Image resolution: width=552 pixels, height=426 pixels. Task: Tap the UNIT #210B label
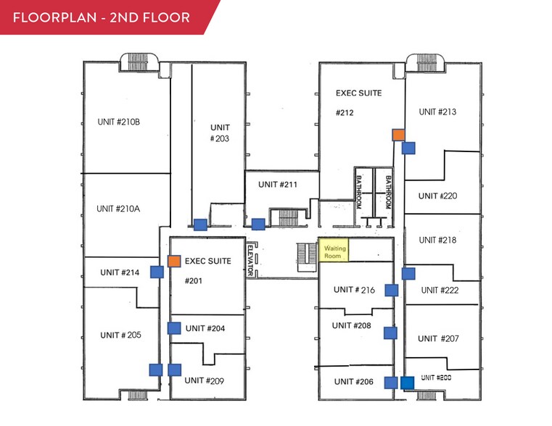pyautogui.click(x=118, y=122)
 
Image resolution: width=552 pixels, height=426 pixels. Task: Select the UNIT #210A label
pyautogui.click(x=118, y=209)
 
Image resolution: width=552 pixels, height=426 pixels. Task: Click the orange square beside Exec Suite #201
pyautogui.click(x=174, y=261)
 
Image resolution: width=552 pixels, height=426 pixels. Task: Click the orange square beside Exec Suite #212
pyautogui.click(x=398, y=135)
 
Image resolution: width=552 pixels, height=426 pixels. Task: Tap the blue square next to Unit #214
pyautogui.click(x=157, y=272)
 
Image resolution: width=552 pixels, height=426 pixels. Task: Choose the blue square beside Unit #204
pyautogui.click(x=174, y=328)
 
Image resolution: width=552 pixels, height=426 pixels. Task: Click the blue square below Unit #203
pyautogui.click(x=199, y=225)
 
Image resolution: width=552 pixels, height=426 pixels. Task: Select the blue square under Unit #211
pyautogui.click(x=258, y=225)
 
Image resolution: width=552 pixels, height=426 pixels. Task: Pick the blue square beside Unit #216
pyautogui.click(x=392, y=291)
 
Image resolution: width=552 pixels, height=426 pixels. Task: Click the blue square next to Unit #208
pyautogui.click(x=390, y=333)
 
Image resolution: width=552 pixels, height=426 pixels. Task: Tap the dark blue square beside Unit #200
pyautogui.click(x=408, y=383)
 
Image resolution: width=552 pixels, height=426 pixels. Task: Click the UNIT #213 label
pyautogui.click(x=437, y=112)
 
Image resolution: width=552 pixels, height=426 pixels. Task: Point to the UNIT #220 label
pyautogui.click(x=437, y=196)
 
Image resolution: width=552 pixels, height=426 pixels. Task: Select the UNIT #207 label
pyautogui.click(x=438, y=338)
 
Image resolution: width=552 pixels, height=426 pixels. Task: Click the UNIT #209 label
pyautogui.click(x=204, y=380)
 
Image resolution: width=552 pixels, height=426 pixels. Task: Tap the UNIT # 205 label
pyautogui.click(x=120, y=335)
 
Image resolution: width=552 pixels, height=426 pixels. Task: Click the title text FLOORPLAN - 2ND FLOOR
pyautogui.click(x=102, y=17)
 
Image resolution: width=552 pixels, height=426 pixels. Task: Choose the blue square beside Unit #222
pyautogui.click(x=408, y=274)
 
